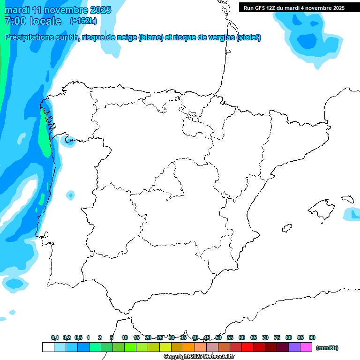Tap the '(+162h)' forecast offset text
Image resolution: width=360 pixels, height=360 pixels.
(83, 21)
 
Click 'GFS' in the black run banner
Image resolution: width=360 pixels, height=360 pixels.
(261, 7)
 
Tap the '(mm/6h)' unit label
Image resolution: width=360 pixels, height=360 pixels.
(327, 348)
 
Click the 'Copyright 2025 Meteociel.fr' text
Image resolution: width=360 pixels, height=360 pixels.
(199, 357)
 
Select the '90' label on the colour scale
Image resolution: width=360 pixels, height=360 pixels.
(312, 337)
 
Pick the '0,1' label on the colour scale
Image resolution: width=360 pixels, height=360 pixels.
(55, 337)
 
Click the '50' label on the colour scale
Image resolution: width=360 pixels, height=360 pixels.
(218, 337)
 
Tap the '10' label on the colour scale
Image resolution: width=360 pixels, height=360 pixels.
(125, 337)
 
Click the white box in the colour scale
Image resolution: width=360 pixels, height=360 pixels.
(48, 347)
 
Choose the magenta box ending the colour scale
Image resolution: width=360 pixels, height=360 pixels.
(306, 347)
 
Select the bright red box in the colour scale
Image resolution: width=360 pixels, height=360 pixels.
(247, 347)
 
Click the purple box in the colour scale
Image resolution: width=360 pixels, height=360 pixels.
(294, 347)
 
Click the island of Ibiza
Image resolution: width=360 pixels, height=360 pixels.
(286, 228)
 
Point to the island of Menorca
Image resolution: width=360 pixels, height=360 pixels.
(348, 199)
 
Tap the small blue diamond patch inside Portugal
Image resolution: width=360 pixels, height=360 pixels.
(70, 195)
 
